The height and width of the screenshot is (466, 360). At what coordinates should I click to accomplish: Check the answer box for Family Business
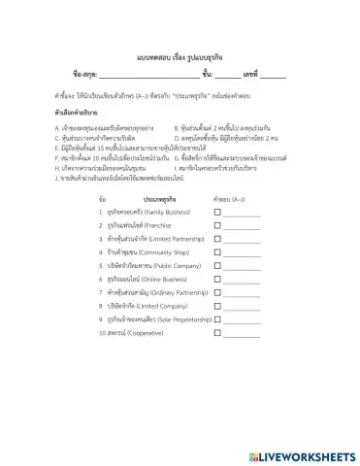(217, 211)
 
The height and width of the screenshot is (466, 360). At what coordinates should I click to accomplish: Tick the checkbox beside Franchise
(217, 224)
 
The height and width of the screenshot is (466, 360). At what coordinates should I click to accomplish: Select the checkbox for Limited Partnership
(217, 238)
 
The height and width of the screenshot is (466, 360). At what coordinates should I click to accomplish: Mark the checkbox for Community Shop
(217, 251)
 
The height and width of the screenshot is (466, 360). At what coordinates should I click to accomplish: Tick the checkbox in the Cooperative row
(217, 332)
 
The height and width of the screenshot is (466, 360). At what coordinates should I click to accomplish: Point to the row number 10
(102, 332)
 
